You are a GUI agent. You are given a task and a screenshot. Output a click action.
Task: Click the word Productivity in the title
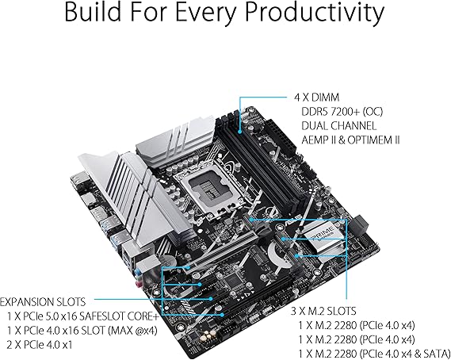[x=315, y=13]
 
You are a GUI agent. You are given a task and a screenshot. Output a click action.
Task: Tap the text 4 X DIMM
[x=316, y=98]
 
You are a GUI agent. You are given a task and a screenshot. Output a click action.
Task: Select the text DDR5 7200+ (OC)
[x=342, y=112]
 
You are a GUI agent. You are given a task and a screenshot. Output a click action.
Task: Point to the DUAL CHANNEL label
[x=338, y=126]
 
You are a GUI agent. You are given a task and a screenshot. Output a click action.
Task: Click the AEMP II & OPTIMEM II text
[x=350, y=140]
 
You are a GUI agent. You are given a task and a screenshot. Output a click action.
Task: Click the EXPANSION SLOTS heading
[x=43, y=302]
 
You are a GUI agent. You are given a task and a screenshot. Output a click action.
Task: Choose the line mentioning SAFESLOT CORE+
[x=83, y=316]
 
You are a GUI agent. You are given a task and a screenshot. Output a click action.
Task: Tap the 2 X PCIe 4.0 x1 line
[x=40, y=345]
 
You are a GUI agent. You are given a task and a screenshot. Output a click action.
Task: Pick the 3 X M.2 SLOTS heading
[x=323, y=311]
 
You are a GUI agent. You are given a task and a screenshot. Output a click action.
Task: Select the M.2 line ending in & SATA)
[x=374, y=354]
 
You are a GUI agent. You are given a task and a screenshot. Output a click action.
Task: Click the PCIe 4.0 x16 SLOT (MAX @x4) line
[x=82, y=331]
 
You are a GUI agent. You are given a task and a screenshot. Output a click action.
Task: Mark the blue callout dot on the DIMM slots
[x=240, y=132]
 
